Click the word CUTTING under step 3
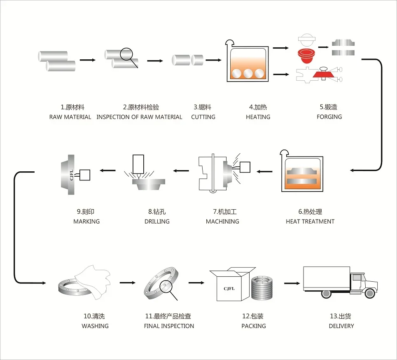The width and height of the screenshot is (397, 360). (x=203, y=117)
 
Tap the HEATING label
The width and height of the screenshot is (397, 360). (x=258, y=117)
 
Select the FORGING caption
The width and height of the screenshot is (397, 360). (x=329, y=117)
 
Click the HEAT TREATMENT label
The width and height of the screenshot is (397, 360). (x=310, y=222)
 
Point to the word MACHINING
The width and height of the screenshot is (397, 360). (x=222, y=222)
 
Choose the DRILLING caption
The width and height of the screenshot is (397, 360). (x=157, y=222)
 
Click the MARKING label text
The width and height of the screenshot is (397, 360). (x=86, y=222)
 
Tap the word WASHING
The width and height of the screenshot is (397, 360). (x=95, y=326)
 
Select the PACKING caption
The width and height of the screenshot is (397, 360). (x=254, y=326)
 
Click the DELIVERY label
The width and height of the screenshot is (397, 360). (x=341, y=326)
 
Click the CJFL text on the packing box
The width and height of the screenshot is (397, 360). (x=229, y=289)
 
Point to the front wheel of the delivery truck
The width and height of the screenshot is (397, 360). (x=370, y=293)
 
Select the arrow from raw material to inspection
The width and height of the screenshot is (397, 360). (x=88, y=60)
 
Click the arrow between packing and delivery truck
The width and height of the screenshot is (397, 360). (x=292, y=283)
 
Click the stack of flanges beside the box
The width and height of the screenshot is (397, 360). (x=262, y=288)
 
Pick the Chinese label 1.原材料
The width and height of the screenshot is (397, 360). (x=72, y=108)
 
